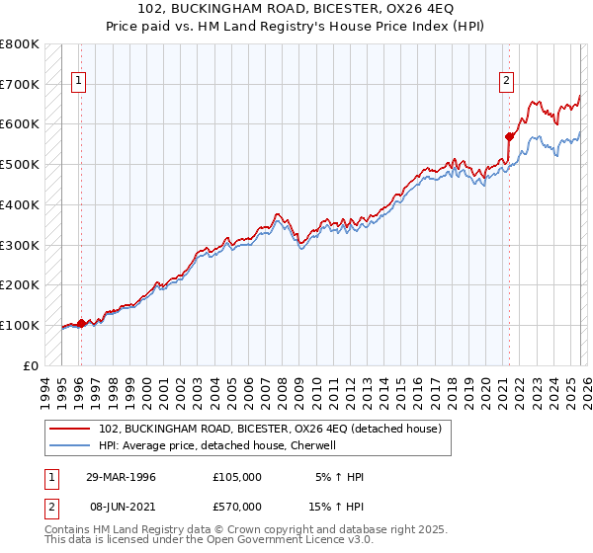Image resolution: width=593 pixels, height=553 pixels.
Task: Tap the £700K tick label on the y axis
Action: click(x=20, y=84)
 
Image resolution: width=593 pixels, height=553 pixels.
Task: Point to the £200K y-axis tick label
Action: click(x=20, y=284)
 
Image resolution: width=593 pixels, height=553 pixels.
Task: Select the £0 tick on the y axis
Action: click(x=32, y=365)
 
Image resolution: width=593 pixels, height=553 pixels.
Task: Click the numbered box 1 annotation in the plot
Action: click(x=79, y=82)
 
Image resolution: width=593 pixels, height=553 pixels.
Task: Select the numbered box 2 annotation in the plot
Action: click(x=507, y=82)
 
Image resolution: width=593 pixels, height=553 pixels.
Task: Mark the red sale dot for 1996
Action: click(x=81, y=323)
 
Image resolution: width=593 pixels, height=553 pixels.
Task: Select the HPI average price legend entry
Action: click(x=217, y=445)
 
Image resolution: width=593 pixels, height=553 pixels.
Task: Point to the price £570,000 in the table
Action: click(x=237, y=506)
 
